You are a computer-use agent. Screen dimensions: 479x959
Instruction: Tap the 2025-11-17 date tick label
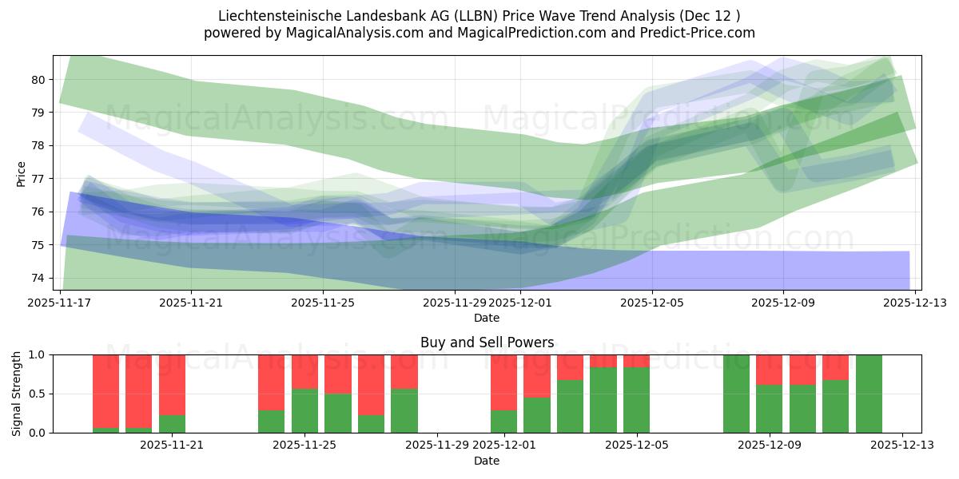point(60,303)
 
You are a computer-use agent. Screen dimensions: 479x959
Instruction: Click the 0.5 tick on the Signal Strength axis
point(37,394)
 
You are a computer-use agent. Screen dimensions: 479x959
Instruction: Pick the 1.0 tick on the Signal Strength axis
point(37,354)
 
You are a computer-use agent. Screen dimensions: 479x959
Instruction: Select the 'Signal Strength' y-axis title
point(17,394)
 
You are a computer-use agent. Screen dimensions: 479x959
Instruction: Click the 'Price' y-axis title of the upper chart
point(22,173)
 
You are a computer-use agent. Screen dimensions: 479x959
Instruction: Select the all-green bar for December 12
point(869,394)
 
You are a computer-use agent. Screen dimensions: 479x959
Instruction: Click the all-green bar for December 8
point(736,394)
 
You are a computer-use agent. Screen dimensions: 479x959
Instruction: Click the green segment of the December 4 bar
point(603,400)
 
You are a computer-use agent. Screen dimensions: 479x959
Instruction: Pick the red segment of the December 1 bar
point(503,382)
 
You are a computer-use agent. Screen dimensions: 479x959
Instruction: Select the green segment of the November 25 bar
point(304,411)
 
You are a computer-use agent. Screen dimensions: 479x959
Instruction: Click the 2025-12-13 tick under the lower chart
point(902,445)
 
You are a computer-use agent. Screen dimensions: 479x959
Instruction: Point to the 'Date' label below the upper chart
point(487,318)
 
